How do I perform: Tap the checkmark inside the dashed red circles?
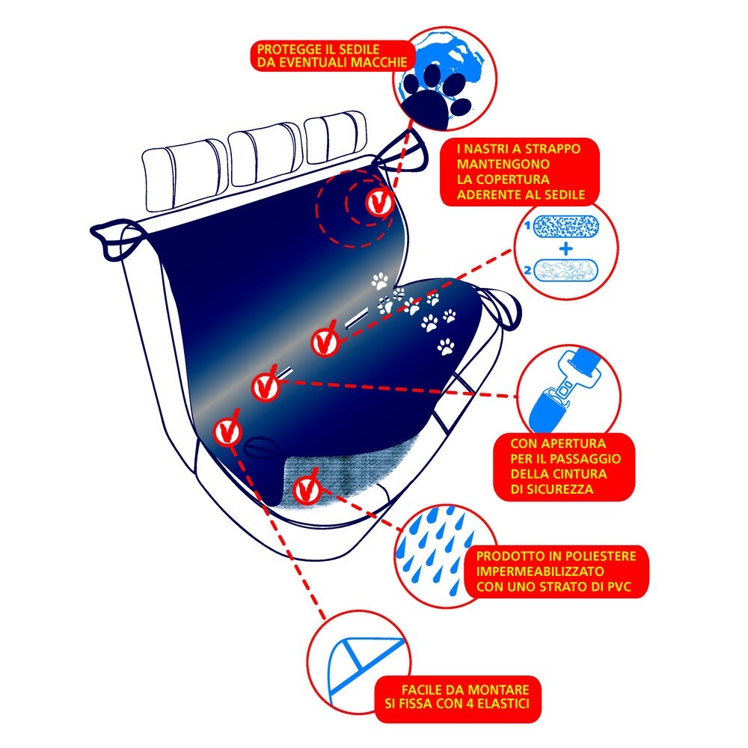380,202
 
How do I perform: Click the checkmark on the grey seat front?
306,491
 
